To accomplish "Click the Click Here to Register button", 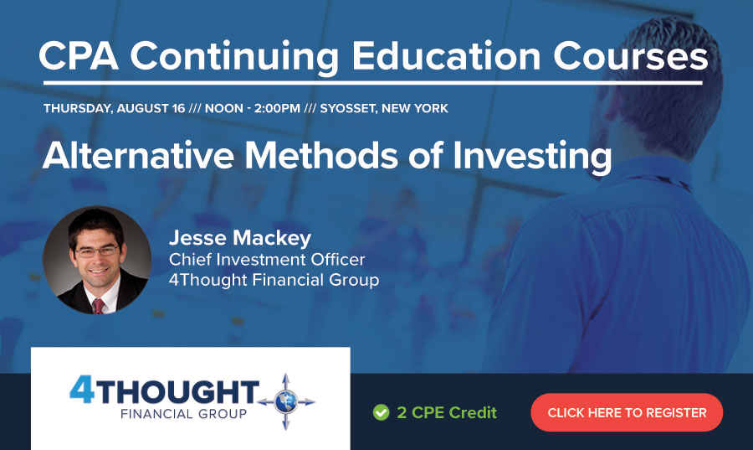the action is click(x=627, y=412).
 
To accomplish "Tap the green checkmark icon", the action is click(x=381, y=412).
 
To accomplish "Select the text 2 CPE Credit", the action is click(x=447, y=412).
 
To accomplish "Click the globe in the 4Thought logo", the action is click(x=286, y=402).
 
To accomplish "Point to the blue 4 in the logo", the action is click(x=82, y=389).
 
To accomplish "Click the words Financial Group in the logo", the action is click(x=183, y=414).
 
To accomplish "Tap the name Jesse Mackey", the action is click(x=240, y=238).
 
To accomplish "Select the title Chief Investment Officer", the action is click(x=267, y=260).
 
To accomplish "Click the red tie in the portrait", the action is click(x=98, y=306).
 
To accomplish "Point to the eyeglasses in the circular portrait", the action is click(x=97, y=251).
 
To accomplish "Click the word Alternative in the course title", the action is click(x=138, y=155).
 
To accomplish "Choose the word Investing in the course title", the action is click(x=532, y=157).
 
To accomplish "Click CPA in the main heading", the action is click(x=79, y=56).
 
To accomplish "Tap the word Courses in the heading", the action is click(x=631, y=57).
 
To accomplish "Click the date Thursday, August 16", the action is click(x=115, y=109).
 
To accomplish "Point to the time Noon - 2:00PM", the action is click(x=253, y=109).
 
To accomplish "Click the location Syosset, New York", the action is click(x=384, y=109).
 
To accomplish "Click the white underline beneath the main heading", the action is click(x=373, y=83).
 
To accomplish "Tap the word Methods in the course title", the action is click(x=321, y=155).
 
